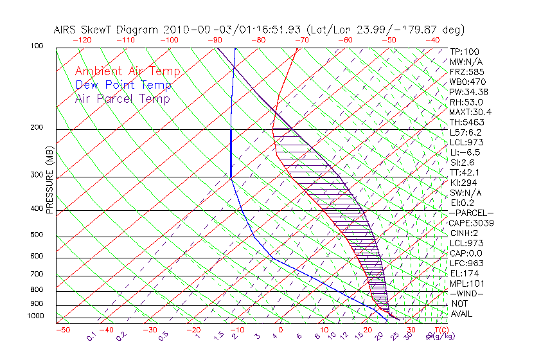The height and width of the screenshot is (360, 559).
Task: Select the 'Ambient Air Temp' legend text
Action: click(127, 71)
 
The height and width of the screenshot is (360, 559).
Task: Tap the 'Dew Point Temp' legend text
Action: click(123, 85)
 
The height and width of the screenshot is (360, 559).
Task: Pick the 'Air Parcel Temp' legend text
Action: click(122, 98)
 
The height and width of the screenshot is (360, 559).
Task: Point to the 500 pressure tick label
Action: click(37, 235)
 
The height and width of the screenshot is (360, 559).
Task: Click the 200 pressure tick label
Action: click(37, 128)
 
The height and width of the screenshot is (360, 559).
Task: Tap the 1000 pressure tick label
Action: click(35, 316)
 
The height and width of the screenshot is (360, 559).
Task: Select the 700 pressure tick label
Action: click(37, 276)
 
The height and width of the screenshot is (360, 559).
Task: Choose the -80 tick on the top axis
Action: click(258, 40)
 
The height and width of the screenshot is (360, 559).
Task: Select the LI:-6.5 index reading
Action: click(465, 152)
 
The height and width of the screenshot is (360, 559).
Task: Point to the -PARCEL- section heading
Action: click(472, 213)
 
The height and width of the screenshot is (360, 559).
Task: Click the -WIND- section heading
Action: click(467, 293)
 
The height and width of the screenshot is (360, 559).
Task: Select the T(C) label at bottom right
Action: click(441, 330)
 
